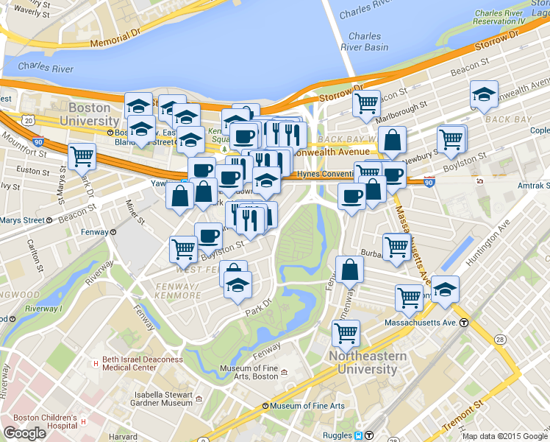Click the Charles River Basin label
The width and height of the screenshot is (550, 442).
coord(365,41)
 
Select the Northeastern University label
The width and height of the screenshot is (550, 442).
coord(368,362)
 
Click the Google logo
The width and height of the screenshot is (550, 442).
coord(24,433)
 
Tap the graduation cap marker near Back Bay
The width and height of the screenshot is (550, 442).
coord(484,94)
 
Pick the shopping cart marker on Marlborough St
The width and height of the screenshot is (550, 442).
coord(365,103)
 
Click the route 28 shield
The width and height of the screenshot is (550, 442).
coord(500,338)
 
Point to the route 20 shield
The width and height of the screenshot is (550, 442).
coord(28,119)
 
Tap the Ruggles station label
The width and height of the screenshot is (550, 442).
coord(337,435)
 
